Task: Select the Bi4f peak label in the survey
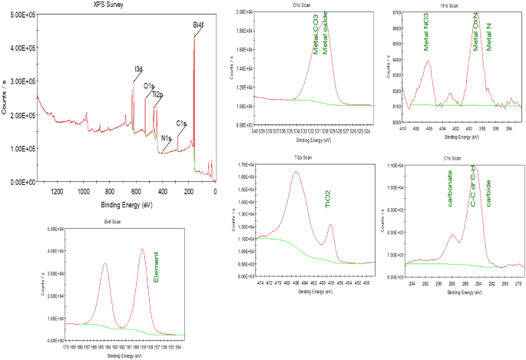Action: (199, 25)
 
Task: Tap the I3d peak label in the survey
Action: (138, 69)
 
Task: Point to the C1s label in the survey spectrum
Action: (181, 122)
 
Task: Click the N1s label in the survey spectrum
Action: (166, 138)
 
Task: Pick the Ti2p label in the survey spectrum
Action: (157, 94)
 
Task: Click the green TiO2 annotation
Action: (327, 201)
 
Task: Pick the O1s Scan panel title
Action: (316, 5)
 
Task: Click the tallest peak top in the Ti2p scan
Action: (296, 173)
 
